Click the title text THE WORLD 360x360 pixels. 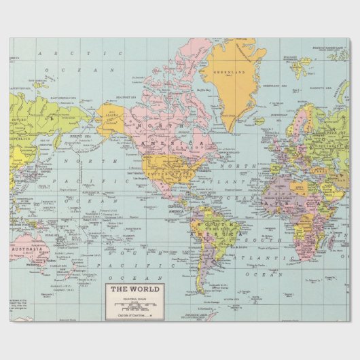point(134,290)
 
